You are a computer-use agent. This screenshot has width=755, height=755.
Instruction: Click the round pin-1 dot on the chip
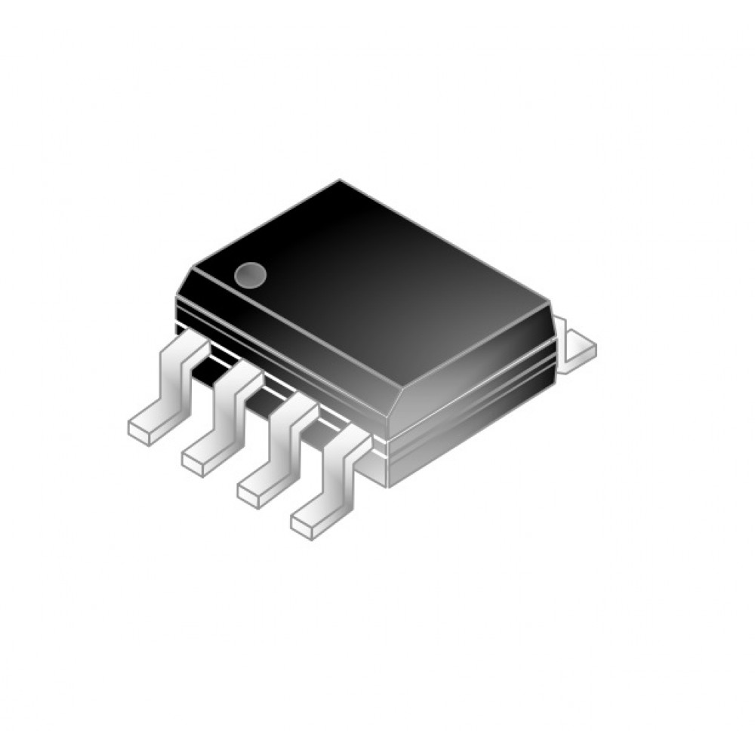tap(250, 275)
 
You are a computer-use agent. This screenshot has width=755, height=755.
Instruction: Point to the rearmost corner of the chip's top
tap(340, 181)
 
